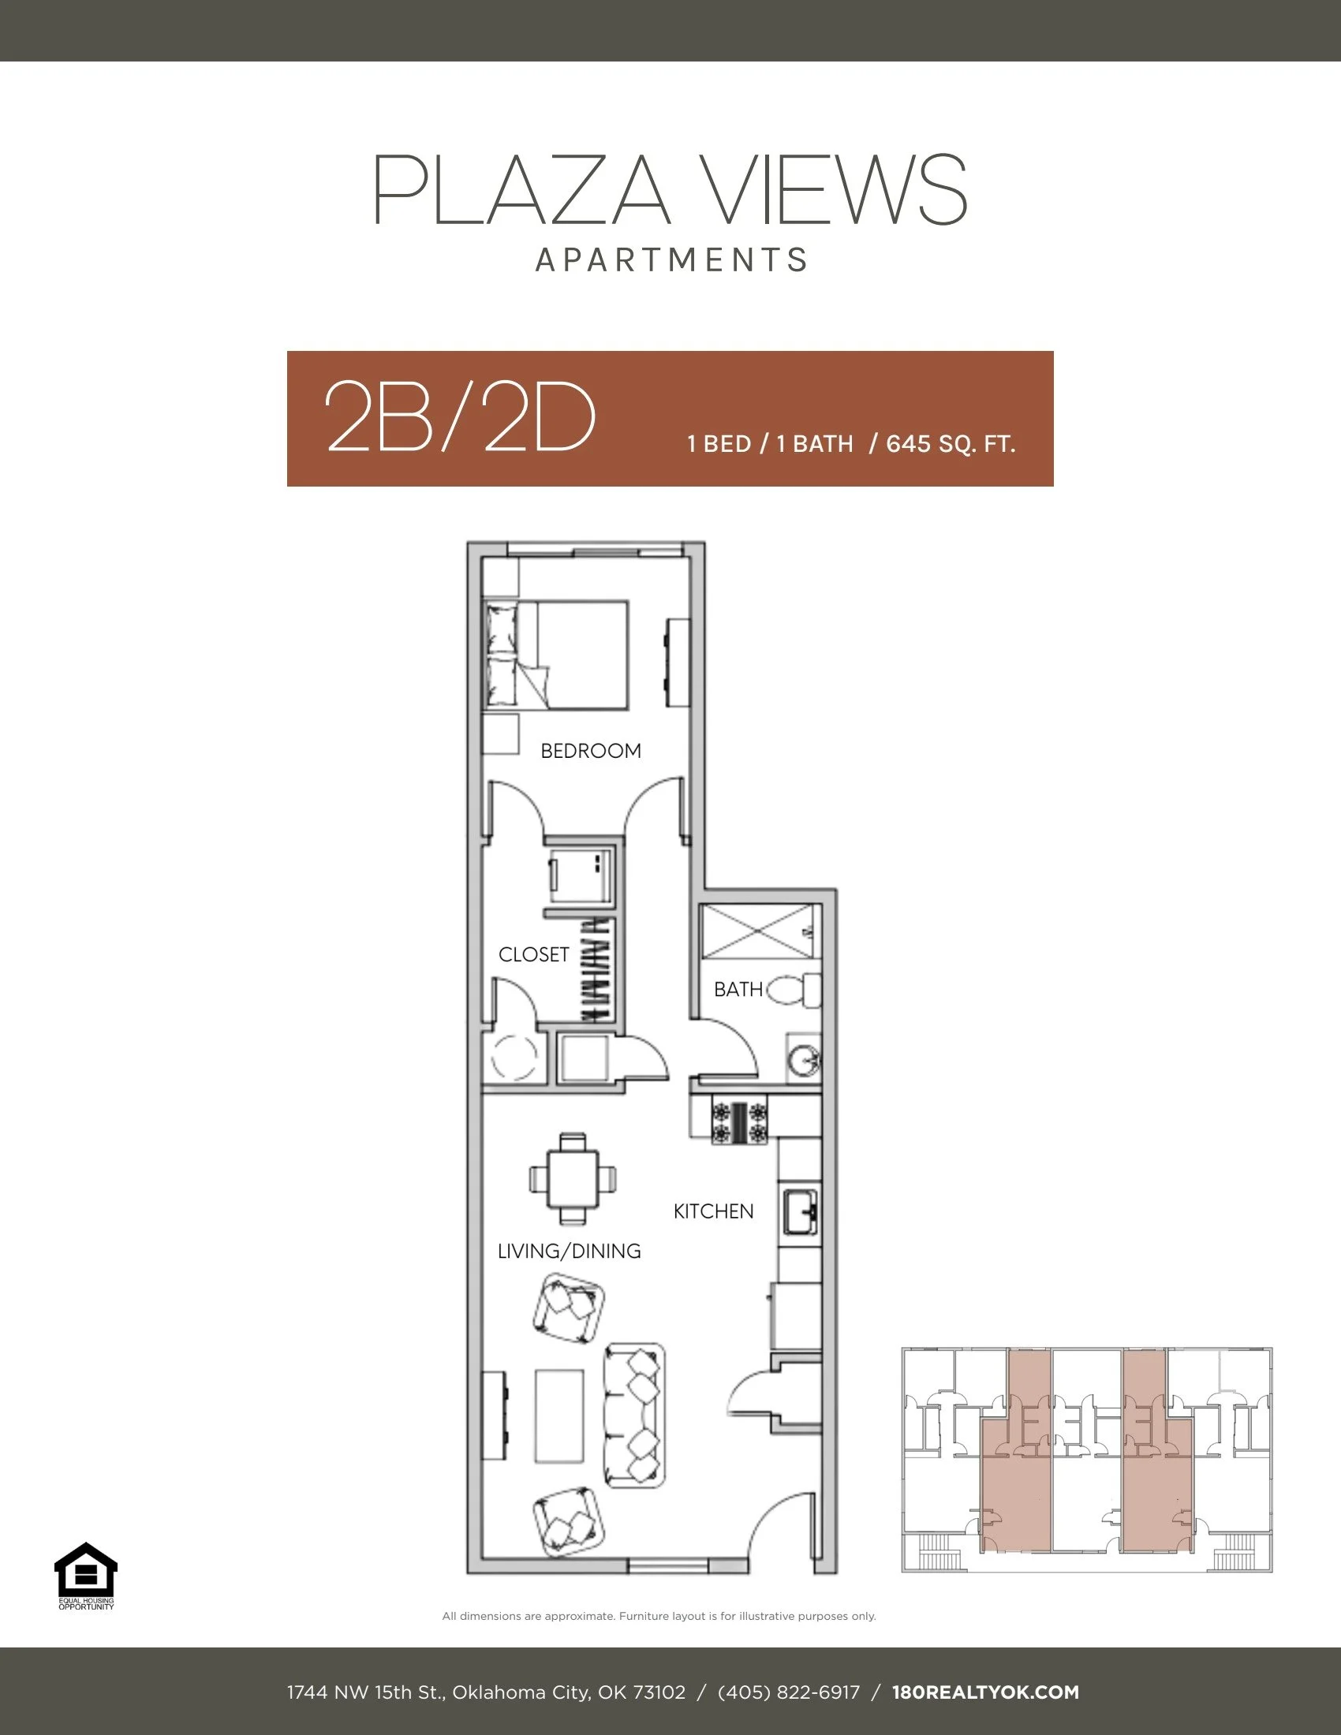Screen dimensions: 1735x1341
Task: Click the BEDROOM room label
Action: [x=590, y=751]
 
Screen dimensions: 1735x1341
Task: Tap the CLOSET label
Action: [x=533, y=954]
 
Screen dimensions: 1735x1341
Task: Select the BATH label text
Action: [x=738, y=989]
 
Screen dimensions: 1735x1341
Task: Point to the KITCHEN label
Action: [x=712, y=1211]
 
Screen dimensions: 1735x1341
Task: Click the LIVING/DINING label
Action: [x=569, y=1252]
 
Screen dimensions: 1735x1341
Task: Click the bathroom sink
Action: [x=803, y=1059]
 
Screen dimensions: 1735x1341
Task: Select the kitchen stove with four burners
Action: [x=740, y=1120]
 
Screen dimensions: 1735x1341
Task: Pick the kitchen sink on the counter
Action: [x=799, y=1212]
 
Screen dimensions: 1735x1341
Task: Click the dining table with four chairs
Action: [x=572, y=1178]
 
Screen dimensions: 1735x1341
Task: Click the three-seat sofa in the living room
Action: [x=635, y=1416]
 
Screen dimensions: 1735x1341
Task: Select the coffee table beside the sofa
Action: [x=559, y=1416]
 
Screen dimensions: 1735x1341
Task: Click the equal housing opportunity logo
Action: [x=86, y=1576]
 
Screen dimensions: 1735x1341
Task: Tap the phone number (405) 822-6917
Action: [x=788, y=1692]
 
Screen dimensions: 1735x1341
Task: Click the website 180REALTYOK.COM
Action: [x=985, y=1692]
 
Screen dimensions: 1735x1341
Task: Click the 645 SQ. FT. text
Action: [x=951, y=443]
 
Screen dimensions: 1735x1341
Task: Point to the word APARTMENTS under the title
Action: [x=671, y=260]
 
